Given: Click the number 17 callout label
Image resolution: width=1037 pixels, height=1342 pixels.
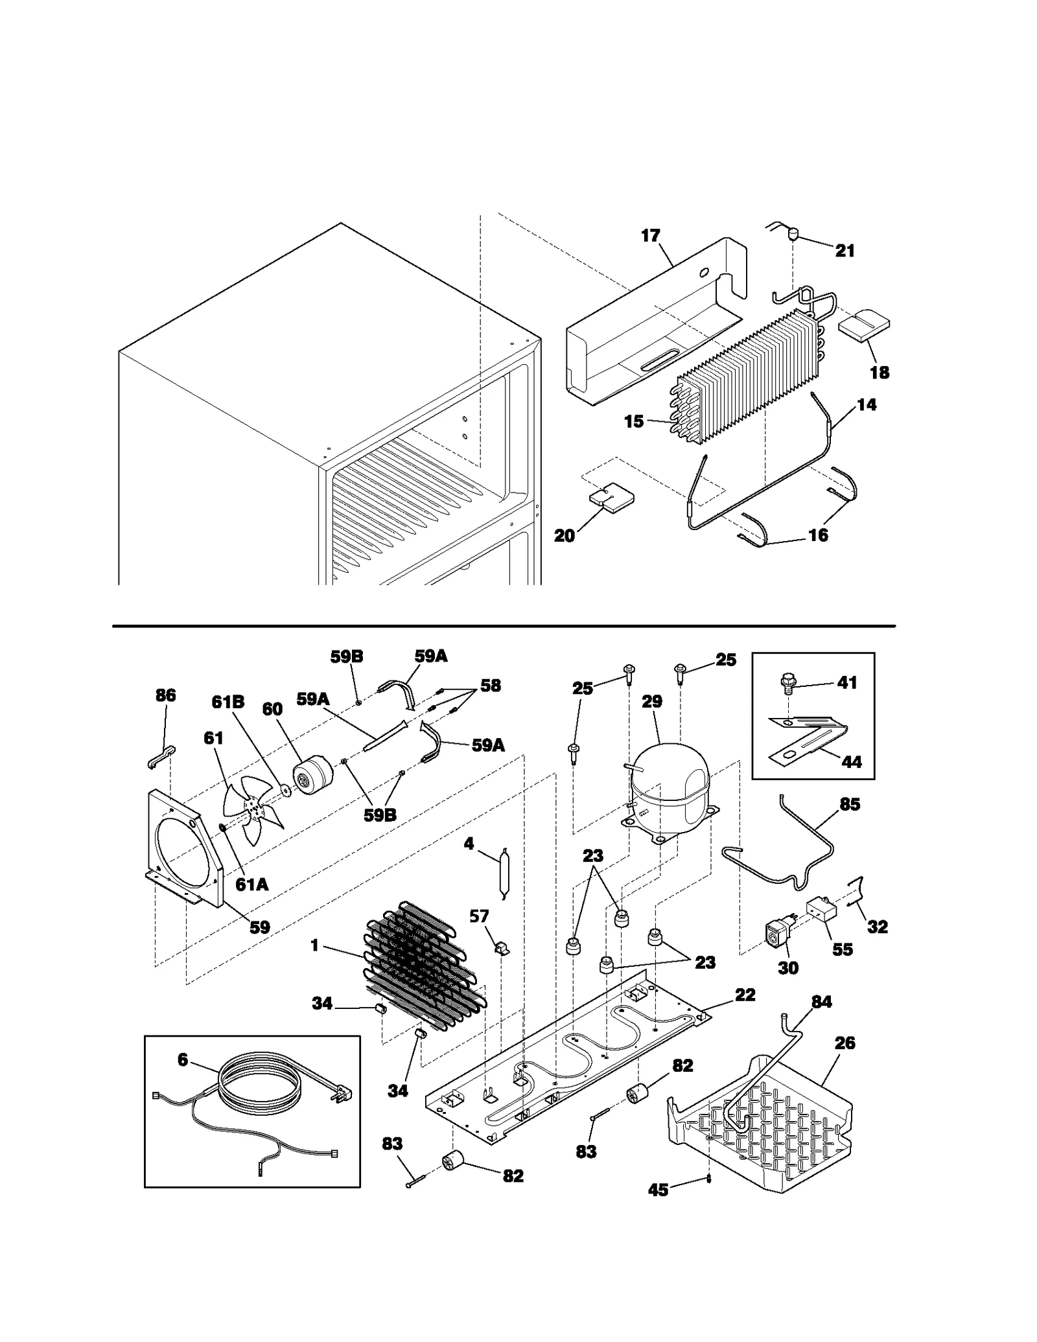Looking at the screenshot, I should (650, 236).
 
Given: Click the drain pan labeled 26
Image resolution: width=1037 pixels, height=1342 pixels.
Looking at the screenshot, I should (765, 1131).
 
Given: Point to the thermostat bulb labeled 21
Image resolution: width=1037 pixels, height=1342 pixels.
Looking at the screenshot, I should (791, 233).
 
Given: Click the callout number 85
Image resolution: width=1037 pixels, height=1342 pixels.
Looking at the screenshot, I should (850, 804).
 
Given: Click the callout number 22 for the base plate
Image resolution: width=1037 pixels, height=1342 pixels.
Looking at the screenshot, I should (745, 995).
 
